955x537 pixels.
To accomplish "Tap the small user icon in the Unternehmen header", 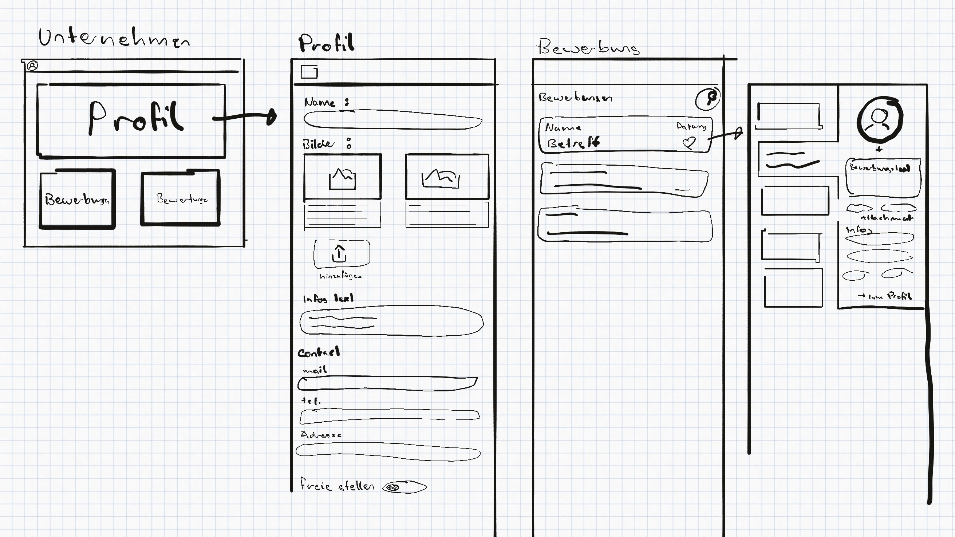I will click(x=33, y=66).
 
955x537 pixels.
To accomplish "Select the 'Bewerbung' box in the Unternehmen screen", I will click(x=77, y=200).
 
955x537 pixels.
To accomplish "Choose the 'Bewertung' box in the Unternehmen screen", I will click(x=181, y=198).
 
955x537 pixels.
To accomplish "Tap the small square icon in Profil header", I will click(x=309, y=71).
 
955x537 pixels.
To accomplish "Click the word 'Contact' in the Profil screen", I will click(x=319, y=352).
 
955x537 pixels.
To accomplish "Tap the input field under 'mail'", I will click(x=387, y=384).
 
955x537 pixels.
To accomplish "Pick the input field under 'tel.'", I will click(x=389, y=416).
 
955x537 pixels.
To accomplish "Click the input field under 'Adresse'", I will click(x=388, y=452).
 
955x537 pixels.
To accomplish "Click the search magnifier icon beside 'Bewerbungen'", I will click(x=707, y=99).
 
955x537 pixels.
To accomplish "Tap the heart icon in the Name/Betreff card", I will click(x=689, y=143).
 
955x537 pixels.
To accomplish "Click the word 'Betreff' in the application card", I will click(x=573, y=143).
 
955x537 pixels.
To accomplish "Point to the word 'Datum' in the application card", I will click(x=691, y=126).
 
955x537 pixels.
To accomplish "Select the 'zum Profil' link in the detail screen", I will click(x=885, y=296).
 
